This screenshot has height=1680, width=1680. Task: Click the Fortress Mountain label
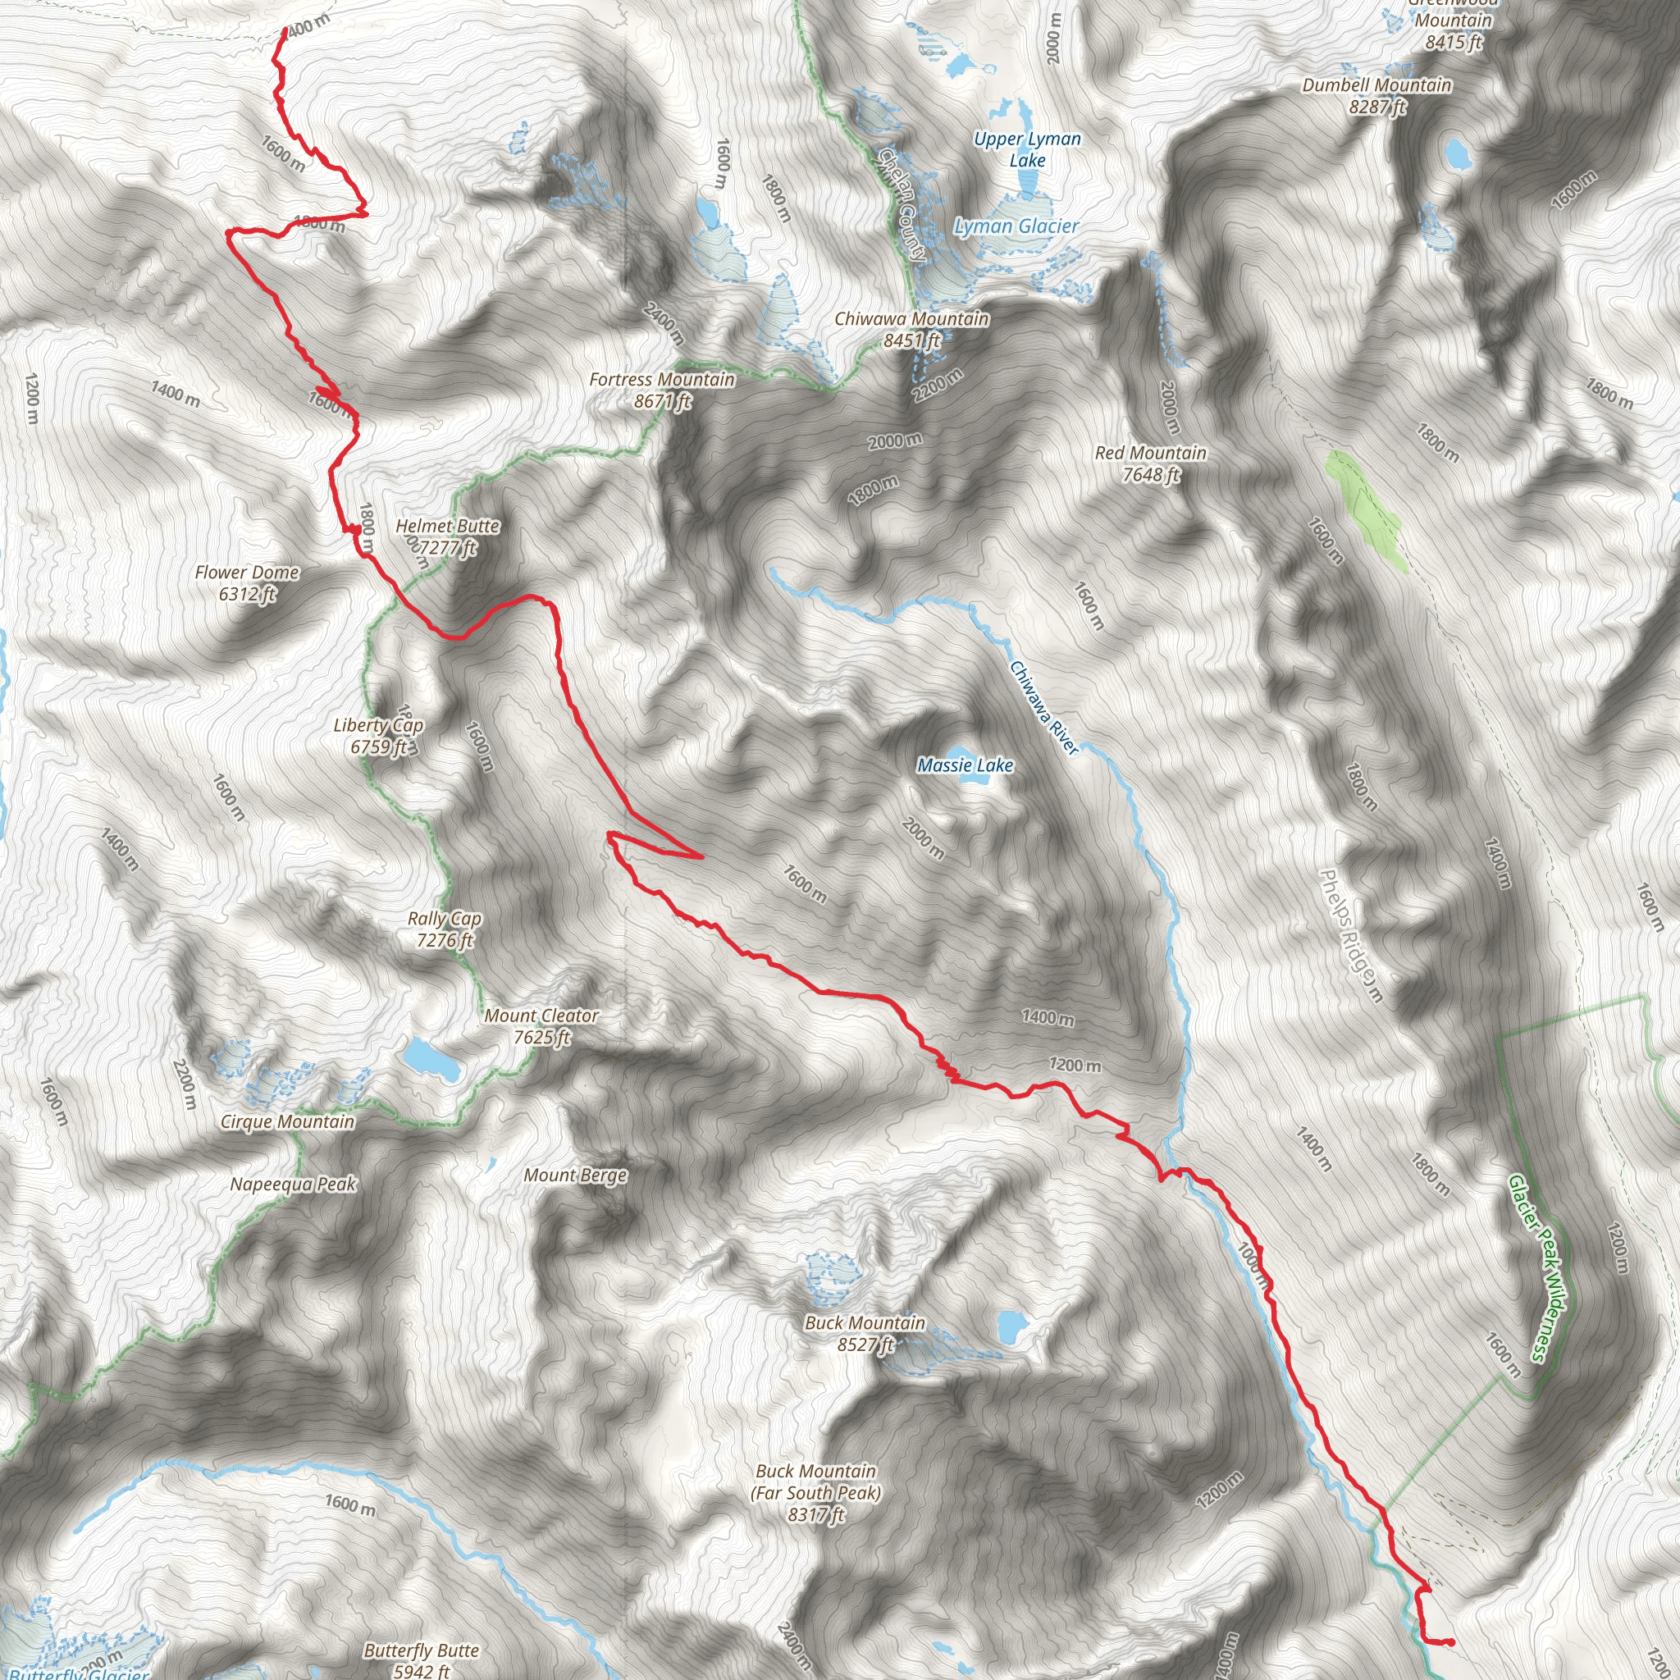662,390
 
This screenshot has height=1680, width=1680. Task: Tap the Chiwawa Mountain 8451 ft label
911,330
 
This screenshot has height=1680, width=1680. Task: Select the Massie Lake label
966,765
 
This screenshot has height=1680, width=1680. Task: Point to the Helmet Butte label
447,536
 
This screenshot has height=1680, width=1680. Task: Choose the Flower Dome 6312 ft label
247,582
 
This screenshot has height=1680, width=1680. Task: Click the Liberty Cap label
378,736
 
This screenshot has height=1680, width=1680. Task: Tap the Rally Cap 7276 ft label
445,929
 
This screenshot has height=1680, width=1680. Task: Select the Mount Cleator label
541,1026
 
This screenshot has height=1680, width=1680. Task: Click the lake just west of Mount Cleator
430,1058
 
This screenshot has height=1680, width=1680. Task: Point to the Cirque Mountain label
287,1121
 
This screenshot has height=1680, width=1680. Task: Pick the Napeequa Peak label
293,1185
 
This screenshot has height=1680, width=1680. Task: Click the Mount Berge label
575,1176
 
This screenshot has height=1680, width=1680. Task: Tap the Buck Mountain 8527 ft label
865,1333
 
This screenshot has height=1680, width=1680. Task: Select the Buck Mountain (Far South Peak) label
815,1492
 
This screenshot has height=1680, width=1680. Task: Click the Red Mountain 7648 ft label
1150,463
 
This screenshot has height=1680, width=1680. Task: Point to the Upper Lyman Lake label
1027,148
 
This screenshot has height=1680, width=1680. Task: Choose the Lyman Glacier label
1016,226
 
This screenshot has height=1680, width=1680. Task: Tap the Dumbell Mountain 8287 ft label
1376,96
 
